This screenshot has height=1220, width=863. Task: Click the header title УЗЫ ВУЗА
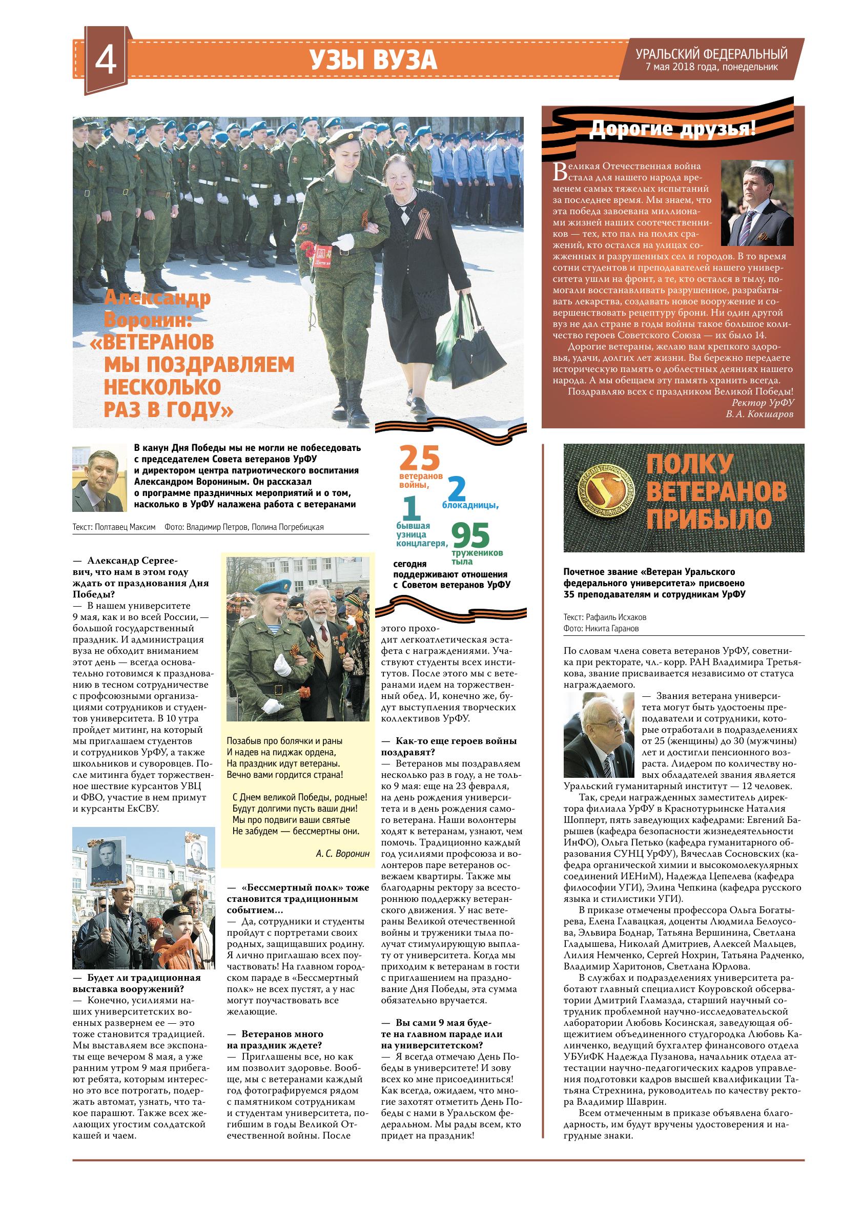click(374, 59)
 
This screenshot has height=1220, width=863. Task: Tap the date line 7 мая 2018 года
click(711, 67)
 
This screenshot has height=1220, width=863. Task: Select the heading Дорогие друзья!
click(673, 129)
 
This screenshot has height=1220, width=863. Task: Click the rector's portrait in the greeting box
click(757, 202)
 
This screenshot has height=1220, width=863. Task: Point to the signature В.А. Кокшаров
click(759, 414)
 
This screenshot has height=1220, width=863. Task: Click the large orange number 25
click(420, 458)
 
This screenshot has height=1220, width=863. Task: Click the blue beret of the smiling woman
click(272, 587)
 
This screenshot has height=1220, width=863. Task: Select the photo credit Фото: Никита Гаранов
click(601, 628)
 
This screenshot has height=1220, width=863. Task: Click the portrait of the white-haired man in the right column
click(600, 734)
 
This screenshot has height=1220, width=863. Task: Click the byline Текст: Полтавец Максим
click(114, 527)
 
